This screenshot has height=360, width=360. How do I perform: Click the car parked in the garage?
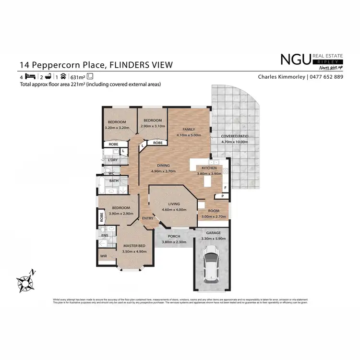coord(211,264)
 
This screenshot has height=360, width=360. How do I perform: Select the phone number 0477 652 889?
coord(326,77)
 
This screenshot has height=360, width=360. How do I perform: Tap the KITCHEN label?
coord(210,168)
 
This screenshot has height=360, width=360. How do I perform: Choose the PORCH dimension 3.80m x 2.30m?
coord(174,242)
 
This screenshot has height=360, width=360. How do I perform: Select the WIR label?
coord(104,256)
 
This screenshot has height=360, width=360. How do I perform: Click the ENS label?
coord(105,235)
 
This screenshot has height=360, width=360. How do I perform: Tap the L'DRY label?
coord(113,160)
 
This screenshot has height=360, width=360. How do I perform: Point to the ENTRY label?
coord(147,218)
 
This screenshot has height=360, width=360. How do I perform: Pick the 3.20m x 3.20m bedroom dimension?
coord(117,128)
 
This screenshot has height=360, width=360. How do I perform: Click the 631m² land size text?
coord(77,77)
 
